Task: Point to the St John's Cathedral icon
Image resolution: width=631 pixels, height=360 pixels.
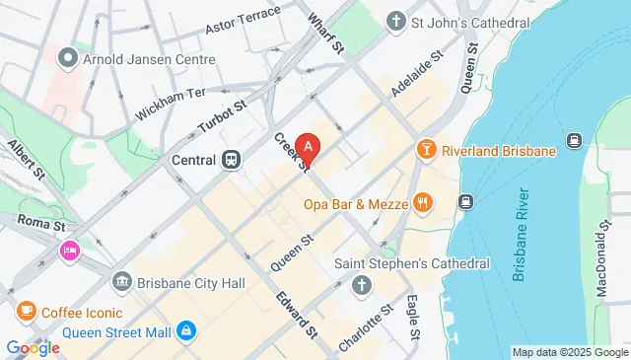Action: (x=396, y=20)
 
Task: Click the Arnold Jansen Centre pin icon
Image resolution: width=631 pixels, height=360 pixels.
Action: (x=67, y=58)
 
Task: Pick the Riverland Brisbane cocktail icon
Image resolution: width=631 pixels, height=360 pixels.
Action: (x=425, y=151)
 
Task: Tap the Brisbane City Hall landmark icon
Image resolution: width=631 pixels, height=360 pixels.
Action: (x=122, y=282)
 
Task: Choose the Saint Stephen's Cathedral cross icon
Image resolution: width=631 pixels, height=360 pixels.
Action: (x=361, y=286)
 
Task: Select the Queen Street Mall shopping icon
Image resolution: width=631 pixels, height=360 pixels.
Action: (x=185, y=331)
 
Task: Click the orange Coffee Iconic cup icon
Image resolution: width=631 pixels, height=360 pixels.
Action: (x=26, y=312)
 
